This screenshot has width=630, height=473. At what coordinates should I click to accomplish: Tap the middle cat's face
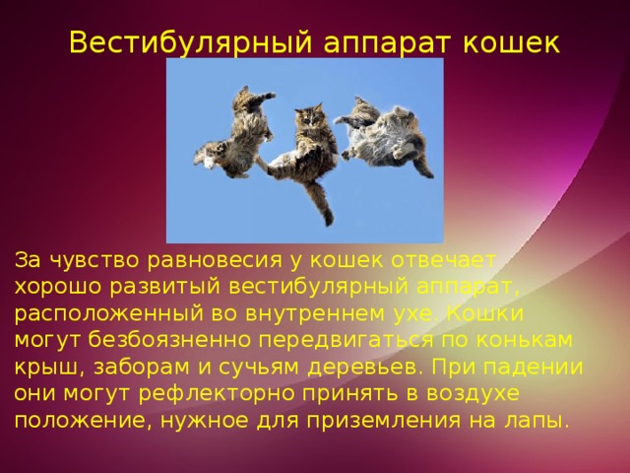[311, 121]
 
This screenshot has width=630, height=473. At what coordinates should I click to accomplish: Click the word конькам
[532, 340]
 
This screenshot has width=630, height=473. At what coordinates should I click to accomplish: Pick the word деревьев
[364, 367]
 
